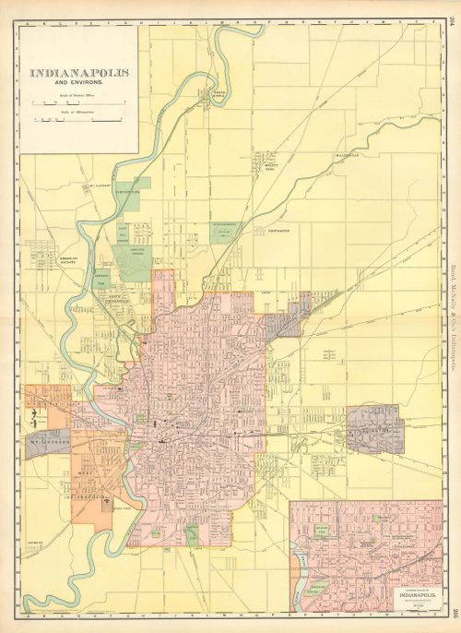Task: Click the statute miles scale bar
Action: click(x=77, y=102)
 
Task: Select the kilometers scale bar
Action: click(x=77, y=119)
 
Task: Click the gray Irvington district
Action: click(x=374, y=428)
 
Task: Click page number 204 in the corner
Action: click(x=454, y=12)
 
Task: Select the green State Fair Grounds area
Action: click(x=225, y=232)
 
